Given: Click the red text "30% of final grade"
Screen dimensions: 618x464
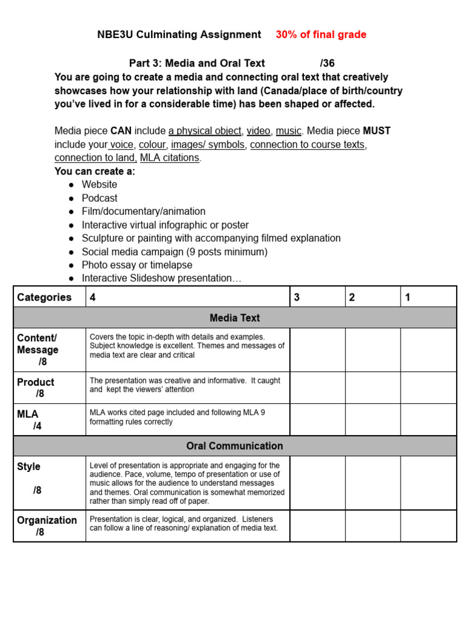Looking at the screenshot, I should pyautogui.click(x=321, y=35).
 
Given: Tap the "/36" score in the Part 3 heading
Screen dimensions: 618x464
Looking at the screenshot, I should pyautogui.click(x=327, y=63).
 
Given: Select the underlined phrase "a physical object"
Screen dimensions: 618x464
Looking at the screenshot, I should pyautogui.click(x=205, y=131).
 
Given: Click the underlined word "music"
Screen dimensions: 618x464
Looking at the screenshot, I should pyautogui.click(x=288, y=131).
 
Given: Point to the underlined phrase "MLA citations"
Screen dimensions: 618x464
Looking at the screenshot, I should pyautogui.click(x=170, y=158).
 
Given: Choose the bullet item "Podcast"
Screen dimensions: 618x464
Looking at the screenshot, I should pyautogui.click(x=100, y=198).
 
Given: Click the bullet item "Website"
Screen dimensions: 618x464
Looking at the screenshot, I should pyautogui.click(x=100, y=185).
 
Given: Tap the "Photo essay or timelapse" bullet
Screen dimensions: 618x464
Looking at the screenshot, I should pyautogui.click(x=137, y=265).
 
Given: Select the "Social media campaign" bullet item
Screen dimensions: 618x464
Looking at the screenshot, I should pyautogui.click(x=175, y=252).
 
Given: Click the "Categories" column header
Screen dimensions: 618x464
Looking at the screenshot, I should pyautogui.click(x=44, y=297).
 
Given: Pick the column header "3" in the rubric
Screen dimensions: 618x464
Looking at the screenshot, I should pyautogui.click(x=297, y=297).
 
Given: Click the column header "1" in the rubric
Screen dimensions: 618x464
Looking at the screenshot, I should pyautogui.click(x=408, y=297).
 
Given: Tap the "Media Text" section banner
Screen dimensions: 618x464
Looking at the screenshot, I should pyautogui.click(x=234, y=317).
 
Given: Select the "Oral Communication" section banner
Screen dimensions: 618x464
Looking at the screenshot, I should pyautogui.click(x=234, y=446).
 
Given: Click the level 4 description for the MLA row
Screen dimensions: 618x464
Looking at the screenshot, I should pyautogui.click(x=177, y=417).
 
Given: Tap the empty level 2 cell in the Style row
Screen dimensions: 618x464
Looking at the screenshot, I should pyautogui.click(x=373, y=483).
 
